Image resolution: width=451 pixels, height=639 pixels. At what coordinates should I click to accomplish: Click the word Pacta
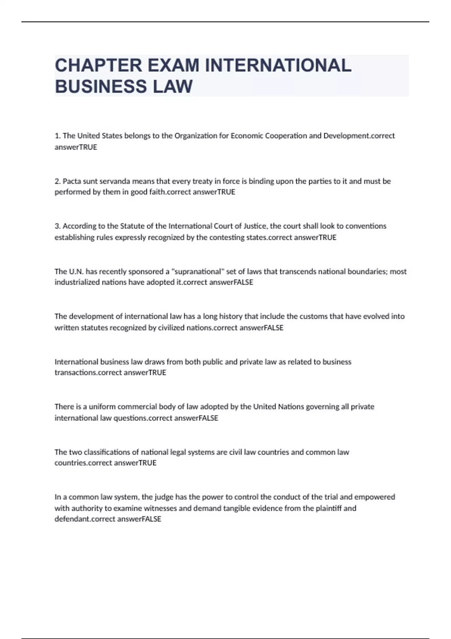tap(71, 181)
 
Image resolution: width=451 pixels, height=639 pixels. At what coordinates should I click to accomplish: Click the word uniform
tap(102, 407)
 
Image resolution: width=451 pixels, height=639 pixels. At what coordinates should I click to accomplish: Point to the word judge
tap(164, 497)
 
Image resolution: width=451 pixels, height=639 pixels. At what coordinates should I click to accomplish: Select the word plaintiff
tap(325, 508)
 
